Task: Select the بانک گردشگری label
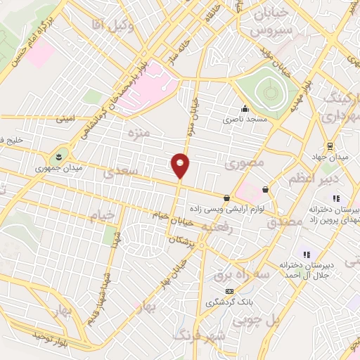(228, 302)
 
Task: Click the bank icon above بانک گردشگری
(228, 291)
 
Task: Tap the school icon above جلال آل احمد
(307, 254)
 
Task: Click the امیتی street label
(65, 120)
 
